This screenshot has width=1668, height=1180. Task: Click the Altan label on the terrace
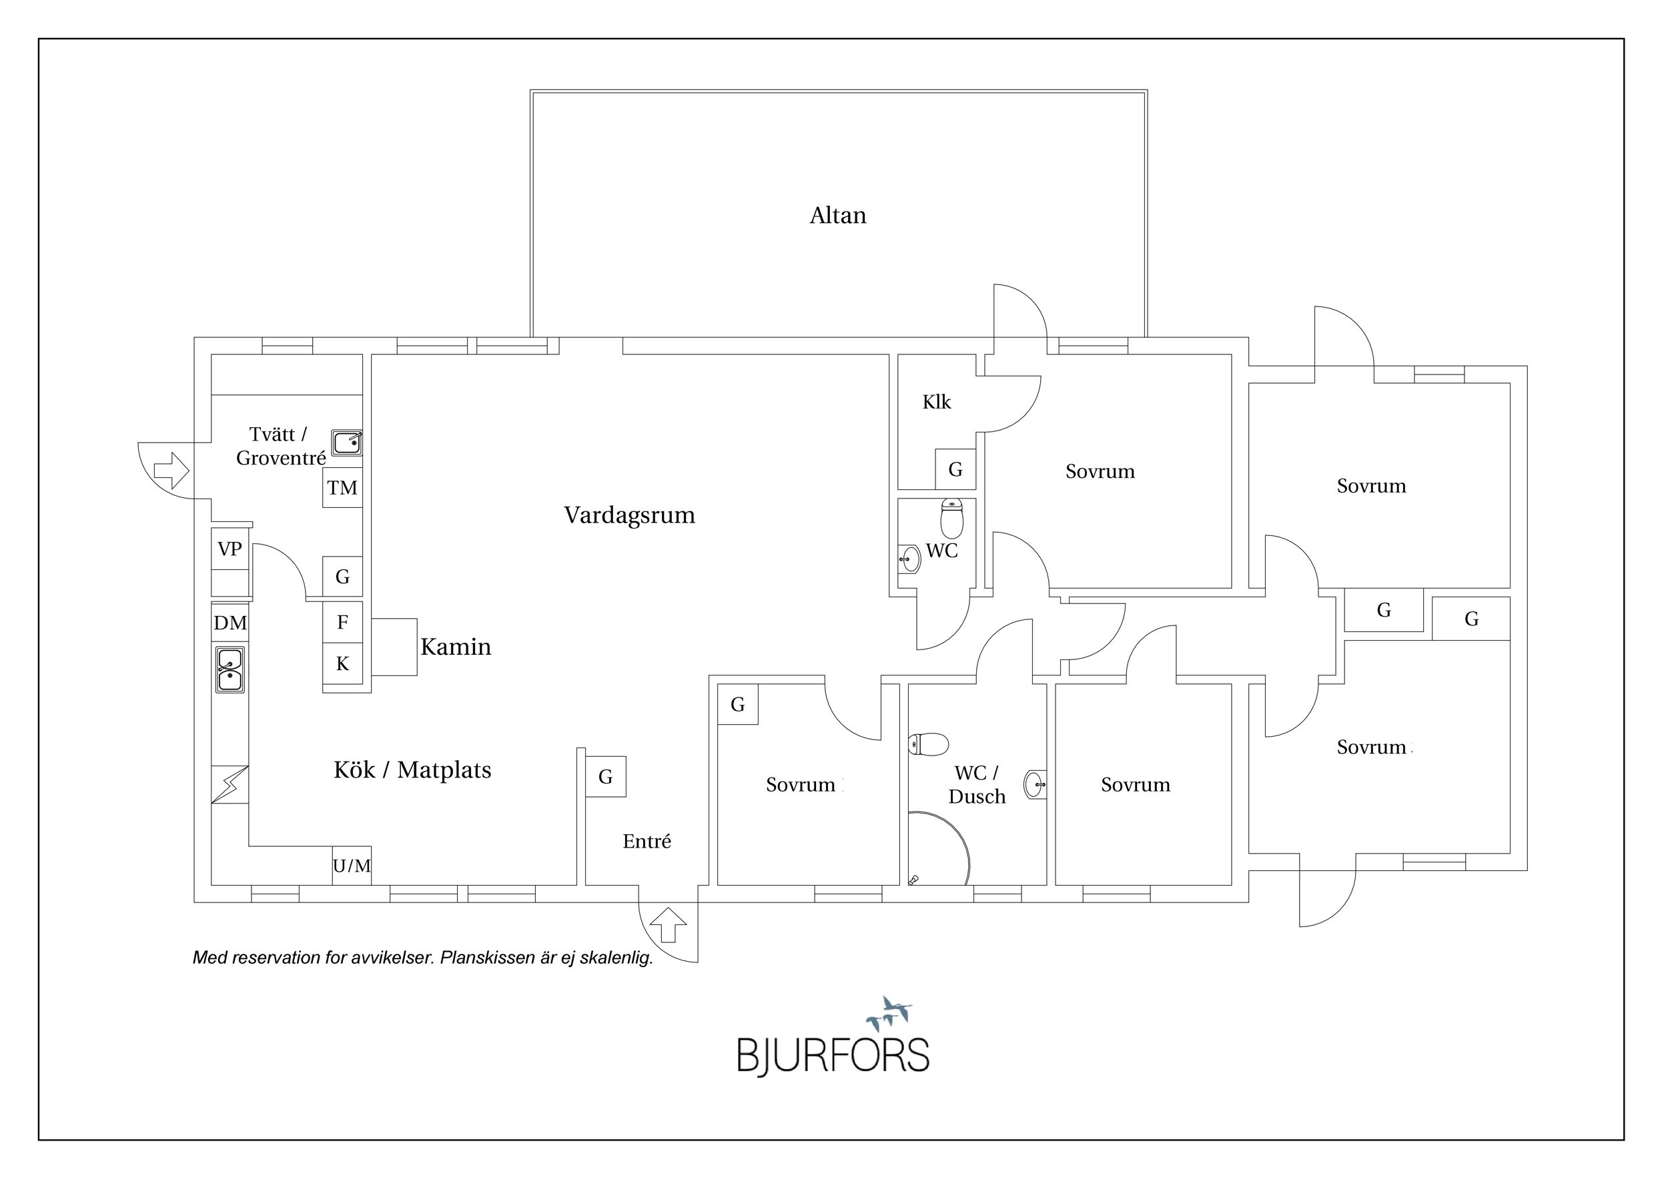coord(837,216)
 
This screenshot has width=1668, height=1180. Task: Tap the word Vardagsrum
coord(629,515)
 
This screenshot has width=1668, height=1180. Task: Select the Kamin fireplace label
coord(456,647)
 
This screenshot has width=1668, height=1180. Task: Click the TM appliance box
coord(342,487)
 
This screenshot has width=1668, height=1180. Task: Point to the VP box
coord(230,549)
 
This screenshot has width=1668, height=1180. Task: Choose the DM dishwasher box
coord(230,623)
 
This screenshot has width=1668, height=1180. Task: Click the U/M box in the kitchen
coord(352,866)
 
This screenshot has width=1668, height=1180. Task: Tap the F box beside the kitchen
coord(342,622)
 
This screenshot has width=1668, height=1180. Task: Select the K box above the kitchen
coord(342,663)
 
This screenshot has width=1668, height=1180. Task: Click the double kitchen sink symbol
coord(230,670)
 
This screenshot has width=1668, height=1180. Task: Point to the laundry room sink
coord(346,442)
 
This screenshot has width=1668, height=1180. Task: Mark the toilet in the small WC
coord(951,517)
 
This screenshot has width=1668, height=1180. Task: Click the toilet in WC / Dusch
coord(929,744)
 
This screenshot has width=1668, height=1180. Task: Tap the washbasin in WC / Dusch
coord(1035,784)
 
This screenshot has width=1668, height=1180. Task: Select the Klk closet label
coord(937,402)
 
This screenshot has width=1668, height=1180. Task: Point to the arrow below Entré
coord(668,926)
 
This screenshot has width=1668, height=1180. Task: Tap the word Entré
coord(647,842)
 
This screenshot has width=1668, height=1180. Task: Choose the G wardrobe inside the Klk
coord(955,469)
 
